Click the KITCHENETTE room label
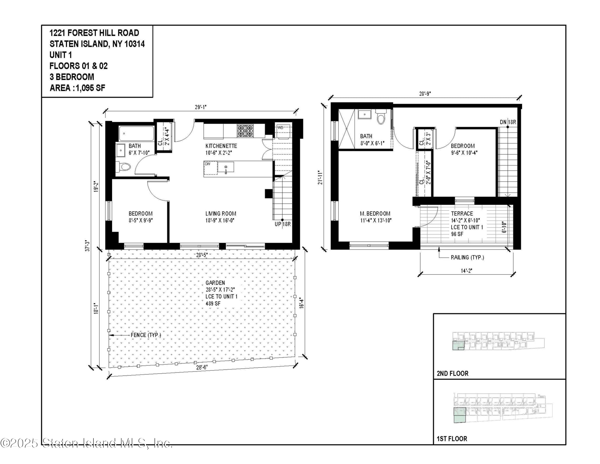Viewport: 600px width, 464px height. (221, 146)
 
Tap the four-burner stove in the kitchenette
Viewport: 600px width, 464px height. (245, 131)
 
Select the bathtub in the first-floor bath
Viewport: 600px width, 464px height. (136, 134)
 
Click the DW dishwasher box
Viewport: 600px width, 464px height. (210, 168)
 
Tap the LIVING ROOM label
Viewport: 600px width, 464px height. (221, 214)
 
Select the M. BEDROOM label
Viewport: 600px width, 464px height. (375, 214)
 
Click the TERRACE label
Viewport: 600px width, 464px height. (462, 214)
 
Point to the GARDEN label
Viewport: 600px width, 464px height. (215, 283)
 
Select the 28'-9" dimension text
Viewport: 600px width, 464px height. (425, 94)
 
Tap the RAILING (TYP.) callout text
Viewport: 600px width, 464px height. (467, 258)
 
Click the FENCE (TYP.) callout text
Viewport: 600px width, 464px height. (146, 335)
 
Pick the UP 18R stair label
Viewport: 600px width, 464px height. (283, 224)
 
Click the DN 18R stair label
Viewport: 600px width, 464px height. (508, 122)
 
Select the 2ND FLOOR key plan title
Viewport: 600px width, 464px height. (452, 374)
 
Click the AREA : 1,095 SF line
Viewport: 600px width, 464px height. (77, 88)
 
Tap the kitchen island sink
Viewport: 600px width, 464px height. (226, 167)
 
